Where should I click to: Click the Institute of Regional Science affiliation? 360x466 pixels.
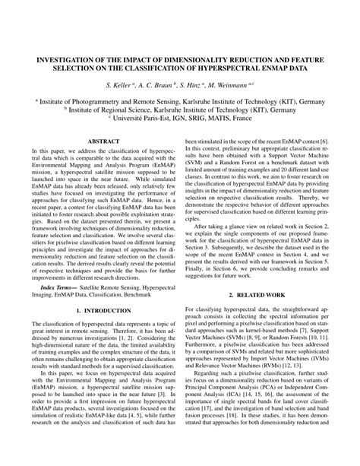[180, 109]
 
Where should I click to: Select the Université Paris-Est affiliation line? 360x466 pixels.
[180, 119]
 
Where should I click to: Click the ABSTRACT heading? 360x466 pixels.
[99, 141]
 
